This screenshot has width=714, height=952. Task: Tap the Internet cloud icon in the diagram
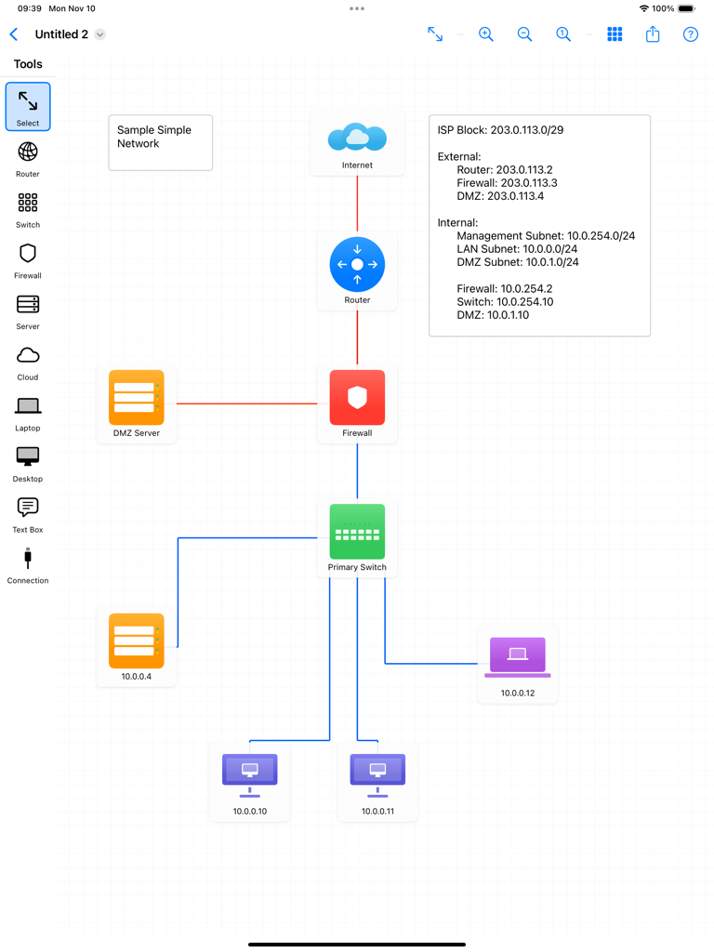[357, 138]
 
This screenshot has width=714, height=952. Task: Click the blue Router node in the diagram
[357, 265]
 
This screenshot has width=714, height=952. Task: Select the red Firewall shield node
[357, 398]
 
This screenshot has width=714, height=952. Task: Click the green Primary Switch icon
[357, 532]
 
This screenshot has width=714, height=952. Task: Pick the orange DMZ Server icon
[137, 398]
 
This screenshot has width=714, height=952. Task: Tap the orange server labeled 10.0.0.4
[137, 641]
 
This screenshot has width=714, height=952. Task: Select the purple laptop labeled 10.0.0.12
[518, 656]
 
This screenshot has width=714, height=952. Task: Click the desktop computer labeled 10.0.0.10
[249, 773]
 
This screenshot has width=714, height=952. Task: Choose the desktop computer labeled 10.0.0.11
[377, 773]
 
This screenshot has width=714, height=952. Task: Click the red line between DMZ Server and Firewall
[246, 403]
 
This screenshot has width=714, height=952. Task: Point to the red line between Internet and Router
[357, 205]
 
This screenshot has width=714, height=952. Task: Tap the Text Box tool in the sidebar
[28, 514]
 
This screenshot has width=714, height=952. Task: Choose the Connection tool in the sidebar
[28, 565]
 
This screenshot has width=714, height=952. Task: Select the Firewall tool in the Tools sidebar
[28, 260]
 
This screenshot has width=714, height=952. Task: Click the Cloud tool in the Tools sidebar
[28, 362]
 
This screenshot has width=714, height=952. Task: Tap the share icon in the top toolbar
[653, 34]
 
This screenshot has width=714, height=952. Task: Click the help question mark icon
[690, 34]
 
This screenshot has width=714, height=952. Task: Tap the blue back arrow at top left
[14, 34]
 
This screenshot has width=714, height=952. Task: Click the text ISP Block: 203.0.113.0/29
[500, 130]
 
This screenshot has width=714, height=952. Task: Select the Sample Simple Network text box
[160, 142]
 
